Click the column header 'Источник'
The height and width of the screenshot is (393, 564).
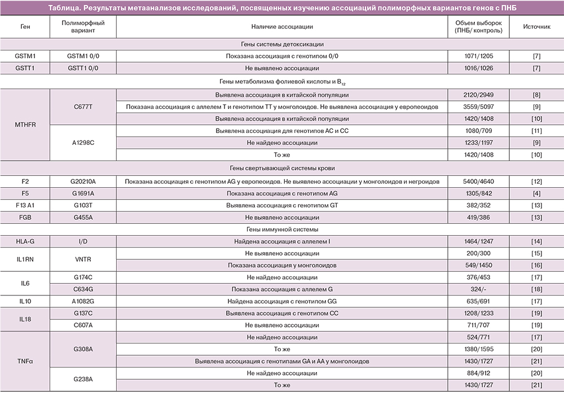click(x=536, y=27)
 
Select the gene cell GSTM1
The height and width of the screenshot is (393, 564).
click(x=25, y=56)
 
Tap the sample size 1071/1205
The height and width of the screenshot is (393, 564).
click(x=478, y=56)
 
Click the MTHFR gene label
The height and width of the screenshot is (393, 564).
click(x=25, y=125)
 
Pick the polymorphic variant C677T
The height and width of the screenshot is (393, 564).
click(x=83, y=107)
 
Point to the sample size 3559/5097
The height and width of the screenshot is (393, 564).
click(x=478, y=107)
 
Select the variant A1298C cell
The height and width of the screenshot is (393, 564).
click(x=83, y=143)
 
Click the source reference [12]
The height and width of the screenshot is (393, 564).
click(x=536, y=181)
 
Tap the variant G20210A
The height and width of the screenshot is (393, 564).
click(x=83, y=181)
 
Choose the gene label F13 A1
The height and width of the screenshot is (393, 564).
click(x=25, y=205)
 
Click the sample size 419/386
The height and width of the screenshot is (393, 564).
click(x=478, y=217)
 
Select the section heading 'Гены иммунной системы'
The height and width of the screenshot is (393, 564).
click(x=282, y=229)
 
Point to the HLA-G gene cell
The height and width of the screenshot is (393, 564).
click(x=25, y=241)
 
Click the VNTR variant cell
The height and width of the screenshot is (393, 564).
click(x=83, y=259)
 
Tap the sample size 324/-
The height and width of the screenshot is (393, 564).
click(x=478, y=289)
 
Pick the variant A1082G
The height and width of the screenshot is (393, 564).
click(x=83, y=301)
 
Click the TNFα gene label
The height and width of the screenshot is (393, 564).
click(x=25, y=361)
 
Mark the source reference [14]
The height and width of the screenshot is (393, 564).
click(x=536, y=241)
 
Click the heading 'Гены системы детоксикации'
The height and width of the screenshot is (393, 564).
click(x=282, y=45)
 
